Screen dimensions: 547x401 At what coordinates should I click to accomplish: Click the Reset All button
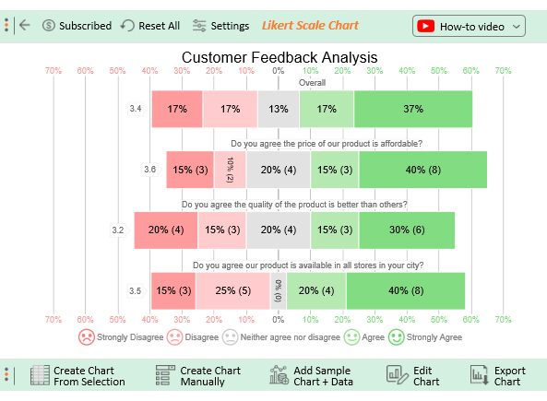click(150, 26)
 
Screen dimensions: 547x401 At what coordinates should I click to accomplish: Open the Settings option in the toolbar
click(220, 26)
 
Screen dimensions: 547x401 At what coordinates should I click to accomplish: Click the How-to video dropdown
click(469, 26)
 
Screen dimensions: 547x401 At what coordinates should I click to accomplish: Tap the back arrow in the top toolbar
click(25, 25)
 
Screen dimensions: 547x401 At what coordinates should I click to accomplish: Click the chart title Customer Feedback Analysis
click(279, 57)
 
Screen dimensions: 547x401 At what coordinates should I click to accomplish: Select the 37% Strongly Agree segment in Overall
click(413, 109)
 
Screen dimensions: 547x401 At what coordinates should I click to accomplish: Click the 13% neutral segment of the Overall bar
click(279, 109)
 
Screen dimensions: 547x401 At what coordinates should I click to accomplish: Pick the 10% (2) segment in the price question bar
click(231, 170)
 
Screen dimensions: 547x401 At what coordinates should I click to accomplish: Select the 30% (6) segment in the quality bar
click(407, 230)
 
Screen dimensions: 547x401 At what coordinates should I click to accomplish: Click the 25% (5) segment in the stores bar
click(233, 290)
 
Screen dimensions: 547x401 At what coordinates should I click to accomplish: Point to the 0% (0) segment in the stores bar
click(279, 290)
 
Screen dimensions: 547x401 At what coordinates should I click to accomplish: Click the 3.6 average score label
click(150, 170)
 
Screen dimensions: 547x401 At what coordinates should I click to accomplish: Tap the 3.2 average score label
click(118, 230)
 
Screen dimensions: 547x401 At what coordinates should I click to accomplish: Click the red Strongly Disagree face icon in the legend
click(87, 337)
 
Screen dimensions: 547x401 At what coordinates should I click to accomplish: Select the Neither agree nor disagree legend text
click(291, 337)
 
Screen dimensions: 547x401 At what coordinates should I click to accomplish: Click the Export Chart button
click(498, 376)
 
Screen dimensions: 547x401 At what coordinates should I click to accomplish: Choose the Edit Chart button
click(413, 376)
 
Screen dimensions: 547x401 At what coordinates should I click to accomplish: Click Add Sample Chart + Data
click(311, 376)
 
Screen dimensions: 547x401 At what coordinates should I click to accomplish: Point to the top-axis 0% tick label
click(278, 71)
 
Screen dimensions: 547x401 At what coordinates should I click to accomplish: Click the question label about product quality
click(294, 205)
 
